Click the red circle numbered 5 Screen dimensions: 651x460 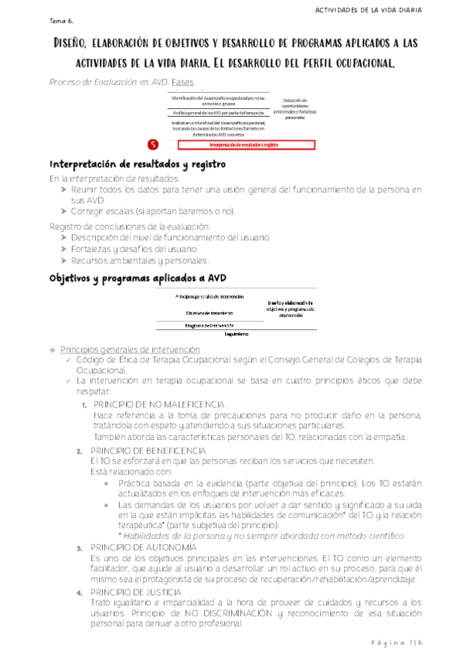click(x=153, y=144)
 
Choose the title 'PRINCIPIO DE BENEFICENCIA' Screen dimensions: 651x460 click(x=148, y=449)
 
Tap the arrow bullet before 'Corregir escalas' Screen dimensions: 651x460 click(x=64, y=211)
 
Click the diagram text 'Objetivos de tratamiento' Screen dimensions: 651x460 click(x=210, y=312)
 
